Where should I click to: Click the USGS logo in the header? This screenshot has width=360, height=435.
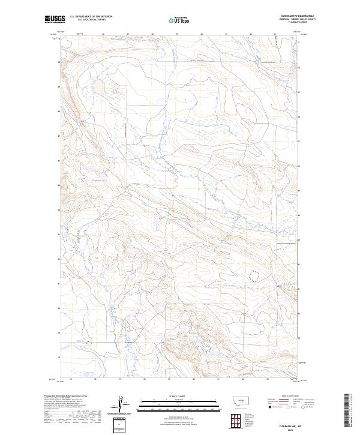(55, 20)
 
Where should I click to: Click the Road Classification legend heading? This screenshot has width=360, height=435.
(288, 397)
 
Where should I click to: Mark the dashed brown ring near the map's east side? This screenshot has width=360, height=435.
(254, 275)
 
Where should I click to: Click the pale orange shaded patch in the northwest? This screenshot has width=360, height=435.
(112, 90)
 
